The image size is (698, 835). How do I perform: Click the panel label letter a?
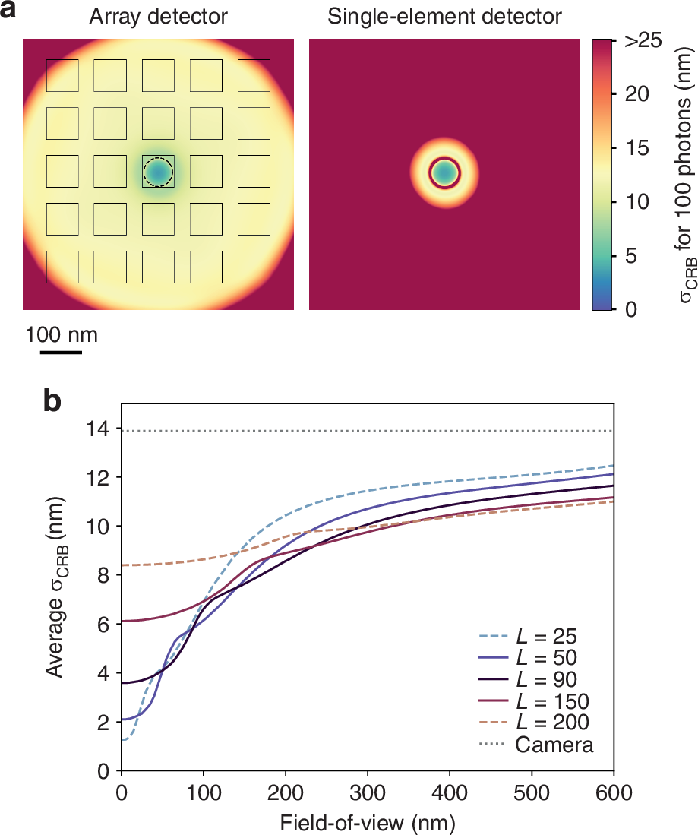(x=10, y=11)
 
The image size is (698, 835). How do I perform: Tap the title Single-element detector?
(x=445, y=16)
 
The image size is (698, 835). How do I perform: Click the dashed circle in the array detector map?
(x=158, y=173)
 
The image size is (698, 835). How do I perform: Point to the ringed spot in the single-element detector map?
(x=445, y=173)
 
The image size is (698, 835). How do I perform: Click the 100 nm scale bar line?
(x=61, y=352)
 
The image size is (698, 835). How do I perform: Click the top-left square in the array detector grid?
(x=62, y=74)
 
